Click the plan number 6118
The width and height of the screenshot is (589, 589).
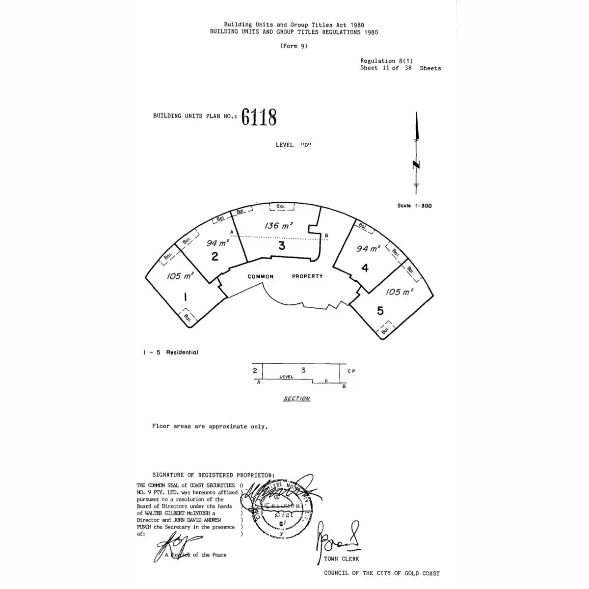[x=259, y=117]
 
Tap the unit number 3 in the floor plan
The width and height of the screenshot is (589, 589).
[x=282, y=246]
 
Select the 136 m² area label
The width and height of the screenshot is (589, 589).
[x=278, y=226]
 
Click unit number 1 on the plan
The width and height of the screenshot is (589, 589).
[x=185, y=296]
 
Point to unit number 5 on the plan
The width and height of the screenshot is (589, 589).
[x=380, y=310]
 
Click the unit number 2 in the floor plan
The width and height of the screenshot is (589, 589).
[x=214, y=256]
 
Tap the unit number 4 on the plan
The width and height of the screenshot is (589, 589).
[x=365, y=268]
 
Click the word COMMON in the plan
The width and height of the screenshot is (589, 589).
[x=261, y=277]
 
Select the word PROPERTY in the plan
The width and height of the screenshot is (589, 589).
[x=307, y=276]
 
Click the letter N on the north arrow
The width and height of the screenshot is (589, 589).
[x=416, y=165]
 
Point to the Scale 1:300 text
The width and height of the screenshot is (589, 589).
[x=414, y=206]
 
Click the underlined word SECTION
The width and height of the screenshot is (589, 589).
[x=296, y=399]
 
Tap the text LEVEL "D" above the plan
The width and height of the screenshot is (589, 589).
[x=294, y=145]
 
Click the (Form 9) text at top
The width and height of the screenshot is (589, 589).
[x=294, y=46]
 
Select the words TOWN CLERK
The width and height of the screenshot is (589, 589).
[x=341, y=559]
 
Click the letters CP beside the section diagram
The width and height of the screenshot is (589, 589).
[x=351, y=371]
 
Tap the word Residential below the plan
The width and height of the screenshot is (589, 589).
[x=182, y=352]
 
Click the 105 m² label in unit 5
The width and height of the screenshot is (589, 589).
[x=399, y=292]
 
